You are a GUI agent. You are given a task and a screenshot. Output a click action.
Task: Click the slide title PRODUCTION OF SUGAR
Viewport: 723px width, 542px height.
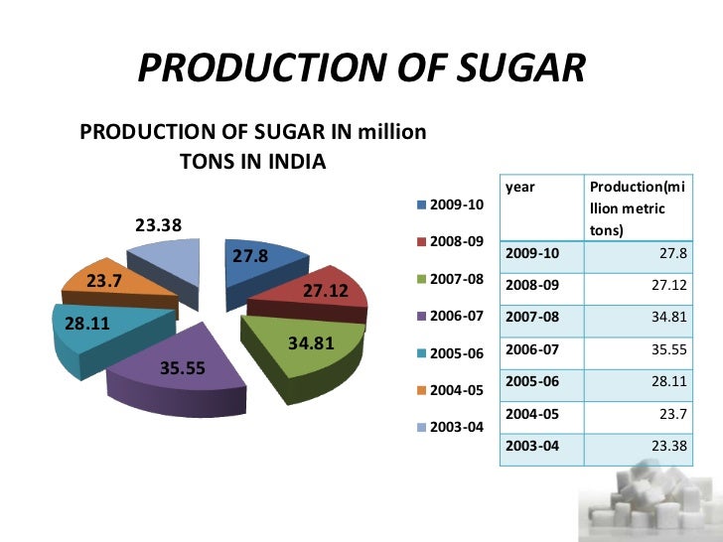click(361, 68)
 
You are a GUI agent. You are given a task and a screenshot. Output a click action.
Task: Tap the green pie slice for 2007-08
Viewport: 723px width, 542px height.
click(303, 347)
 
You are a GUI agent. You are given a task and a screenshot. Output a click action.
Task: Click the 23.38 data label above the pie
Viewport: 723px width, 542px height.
click(151, 224)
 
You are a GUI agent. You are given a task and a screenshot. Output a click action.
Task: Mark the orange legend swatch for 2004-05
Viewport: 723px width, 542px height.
click(421, 390)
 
